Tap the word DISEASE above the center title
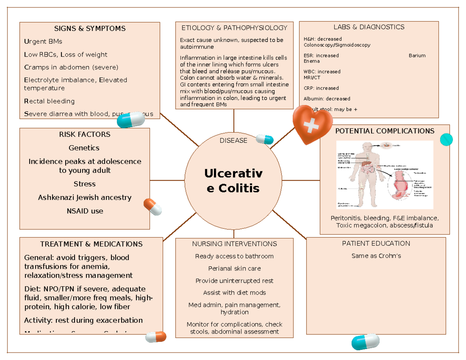pyautogui.click(x=233, y=141)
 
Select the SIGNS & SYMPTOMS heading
pyautogui.click(x=90, y=29)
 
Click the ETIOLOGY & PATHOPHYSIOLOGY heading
pyautogui.click(x=234, y=28)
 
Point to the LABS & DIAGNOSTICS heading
pyautogui.click(x=369, y=27)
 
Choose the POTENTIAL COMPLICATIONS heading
pyautogui.click(x=384, y=131)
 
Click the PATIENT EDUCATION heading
pyautogui.click(x=376, y=243)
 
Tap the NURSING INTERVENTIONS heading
pyautogui.click(x=234, y=244)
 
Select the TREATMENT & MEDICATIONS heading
pyautogui.click(x=91, y=244)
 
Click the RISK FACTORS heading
pyautogui.click(x=84, y=134)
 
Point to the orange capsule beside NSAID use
pyautogui.click(x=153, y=207)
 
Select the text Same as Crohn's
pyautogui.click(x=376, y=256)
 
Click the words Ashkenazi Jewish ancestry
pyautogui.click(x=85, y=198)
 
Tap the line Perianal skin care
pyautogui.click(x=234, y=268)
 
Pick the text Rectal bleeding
pyautogui.click(x=49, y=101)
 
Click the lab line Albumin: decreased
pyautogui.click(x=327, y=99)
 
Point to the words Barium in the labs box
pyautogui.click(x=417, y=56)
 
